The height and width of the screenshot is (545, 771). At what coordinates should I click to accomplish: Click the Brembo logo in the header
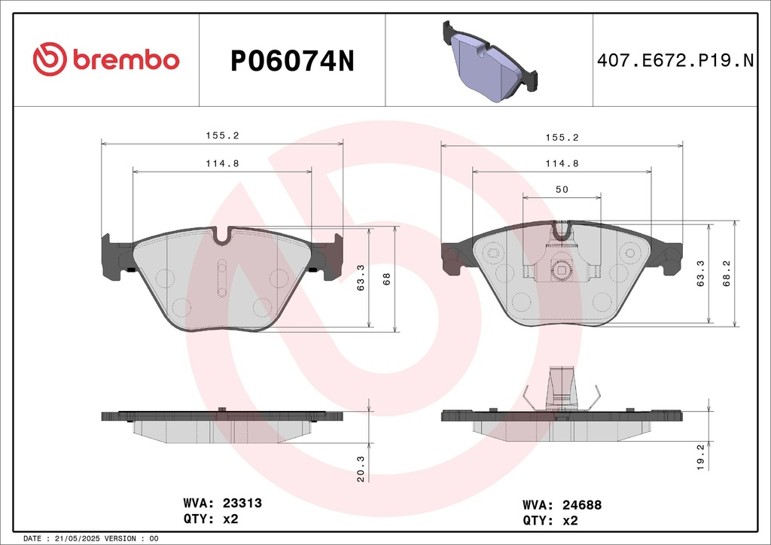point(106,59)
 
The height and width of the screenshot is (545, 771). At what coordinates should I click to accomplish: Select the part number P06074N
point(292,62)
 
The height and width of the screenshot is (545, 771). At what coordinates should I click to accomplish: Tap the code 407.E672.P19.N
point(675,60)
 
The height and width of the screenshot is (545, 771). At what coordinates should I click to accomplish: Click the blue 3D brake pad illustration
point(490,61)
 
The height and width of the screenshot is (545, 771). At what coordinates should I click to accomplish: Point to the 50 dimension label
point(562,189)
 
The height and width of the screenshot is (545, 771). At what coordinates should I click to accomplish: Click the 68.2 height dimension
point(727,273)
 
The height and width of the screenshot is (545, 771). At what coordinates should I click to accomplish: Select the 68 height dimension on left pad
point(386,279)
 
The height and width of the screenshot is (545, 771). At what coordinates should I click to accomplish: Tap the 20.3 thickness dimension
point(361,468)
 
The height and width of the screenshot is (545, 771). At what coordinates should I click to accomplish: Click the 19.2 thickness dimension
point(701,456)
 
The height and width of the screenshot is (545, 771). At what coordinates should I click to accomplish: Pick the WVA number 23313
point(242,503)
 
